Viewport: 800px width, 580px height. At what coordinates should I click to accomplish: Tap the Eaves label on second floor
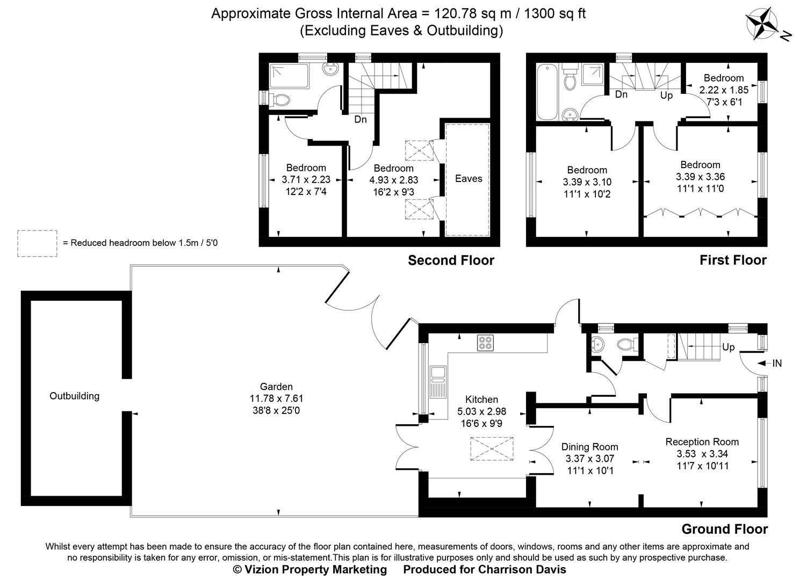468,178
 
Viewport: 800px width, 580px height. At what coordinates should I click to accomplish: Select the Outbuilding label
74,396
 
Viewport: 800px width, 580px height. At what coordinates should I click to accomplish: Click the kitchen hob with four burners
485,343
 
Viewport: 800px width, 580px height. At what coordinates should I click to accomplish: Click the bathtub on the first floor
546,91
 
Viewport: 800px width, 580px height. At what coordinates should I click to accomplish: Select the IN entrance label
776,364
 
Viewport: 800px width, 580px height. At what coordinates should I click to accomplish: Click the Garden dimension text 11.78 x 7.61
276,398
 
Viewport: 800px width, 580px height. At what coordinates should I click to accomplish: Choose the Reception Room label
702,441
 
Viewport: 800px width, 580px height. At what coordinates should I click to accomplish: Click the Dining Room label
589,447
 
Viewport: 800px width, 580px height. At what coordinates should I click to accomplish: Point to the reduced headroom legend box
37,243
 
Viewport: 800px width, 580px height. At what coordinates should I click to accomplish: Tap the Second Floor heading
451,260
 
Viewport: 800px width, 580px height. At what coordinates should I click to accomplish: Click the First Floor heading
733,260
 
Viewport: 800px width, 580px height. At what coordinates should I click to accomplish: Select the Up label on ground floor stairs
728,347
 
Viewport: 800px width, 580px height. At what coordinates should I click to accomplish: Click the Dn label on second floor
360,119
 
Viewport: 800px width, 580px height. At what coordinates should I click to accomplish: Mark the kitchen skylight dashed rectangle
492,449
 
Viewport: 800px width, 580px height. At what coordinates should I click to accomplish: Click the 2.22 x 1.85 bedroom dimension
724,90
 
